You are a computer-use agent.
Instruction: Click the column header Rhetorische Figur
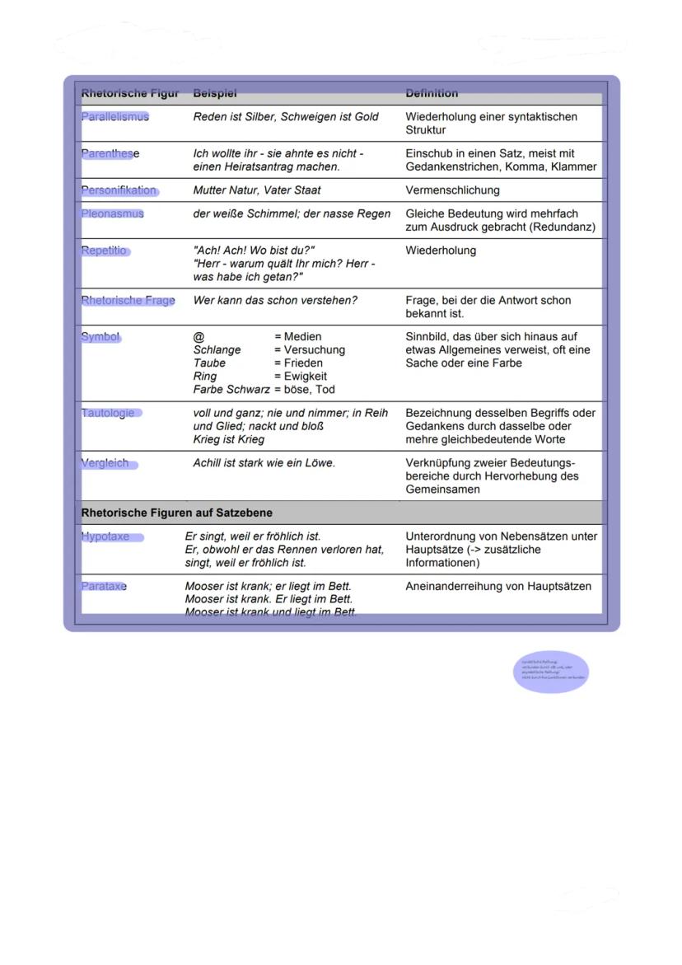pyautogui.click(x=129, y=94)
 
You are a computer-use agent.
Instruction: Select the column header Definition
pyautogui.click(x=432, y=94)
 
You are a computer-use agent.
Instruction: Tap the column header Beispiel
pyautogui.click(x=214, y=94)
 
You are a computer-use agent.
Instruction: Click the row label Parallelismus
pyautogui.click(x=115, y=117)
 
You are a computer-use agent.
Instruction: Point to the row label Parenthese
pyautogui.click(x=110, y=153)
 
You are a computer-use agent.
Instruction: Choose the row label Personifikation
pyautogui.click(x=119, y=190)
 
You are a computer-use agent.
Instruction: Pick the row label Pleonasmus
pyautogui.click(x=112, y=213)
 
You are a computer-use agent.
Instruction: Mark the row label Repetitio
pyautogui.click(x=105, y=251)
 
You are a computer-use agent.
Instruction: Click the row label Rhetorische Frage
pyautogui.click(x=128, y=300)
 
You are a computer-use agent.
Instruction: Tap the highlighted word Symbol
pyautogui.click(x=100, y=336)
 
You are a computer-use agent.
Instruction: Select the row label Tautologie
pyautogui.click(x=108, y=413)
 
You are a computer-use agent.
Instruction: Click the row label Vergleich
pyautogui.click(x=105, y=463)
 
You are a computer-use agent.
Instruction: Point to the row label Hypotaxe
pyautogui.click(x=105, y=536)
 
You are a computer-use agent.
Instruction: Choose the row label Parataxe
pyautogui.click(x=104, y=586)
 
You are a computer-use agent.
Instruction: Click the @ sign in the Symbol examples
pyautogui.click(x=199, y=337)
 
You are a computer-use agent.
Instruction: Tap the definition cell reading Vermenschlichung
pyautogui.click(x=452, y=190)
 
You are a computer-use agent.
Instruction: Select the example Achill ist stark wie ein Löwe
pyautogui.click(x=264, y=463)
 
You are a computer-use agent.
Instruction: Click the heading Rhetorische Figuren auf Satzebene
pyautogui.click(x=176, y=513)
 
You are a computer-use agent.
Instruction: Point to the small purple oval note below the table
pyautogui.click(x=550, y=672)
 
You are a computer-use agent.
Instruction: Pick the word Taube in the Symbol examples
pyautogui.click(x=208, y=363)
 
